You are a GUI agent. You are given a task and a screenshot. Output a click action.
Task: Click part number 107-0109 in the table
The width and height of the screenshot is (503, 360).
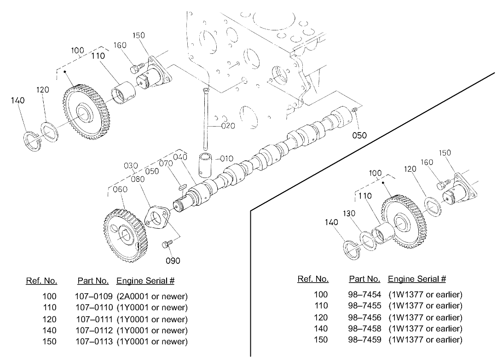91,296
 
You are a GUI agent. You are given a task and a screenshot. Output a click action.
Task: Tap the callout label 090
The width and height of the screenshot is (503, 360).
173,261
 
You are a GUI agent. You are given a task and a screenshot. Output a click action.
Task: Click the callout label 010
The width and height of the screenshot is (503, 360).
227,159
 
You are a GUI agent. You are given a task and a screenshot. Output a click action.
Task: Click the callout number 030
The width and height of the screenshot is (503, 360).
131,166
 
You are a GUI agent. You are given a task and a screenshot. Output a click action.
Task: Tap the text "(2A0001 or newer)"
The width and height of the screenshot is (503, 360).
152,296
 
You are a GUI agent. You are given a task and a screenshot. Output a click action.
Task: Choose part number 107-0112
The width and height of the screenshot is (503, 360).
91,330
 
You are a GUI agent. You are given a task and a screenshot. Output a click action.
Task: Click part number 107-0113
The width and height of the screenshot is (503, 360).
91,341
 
